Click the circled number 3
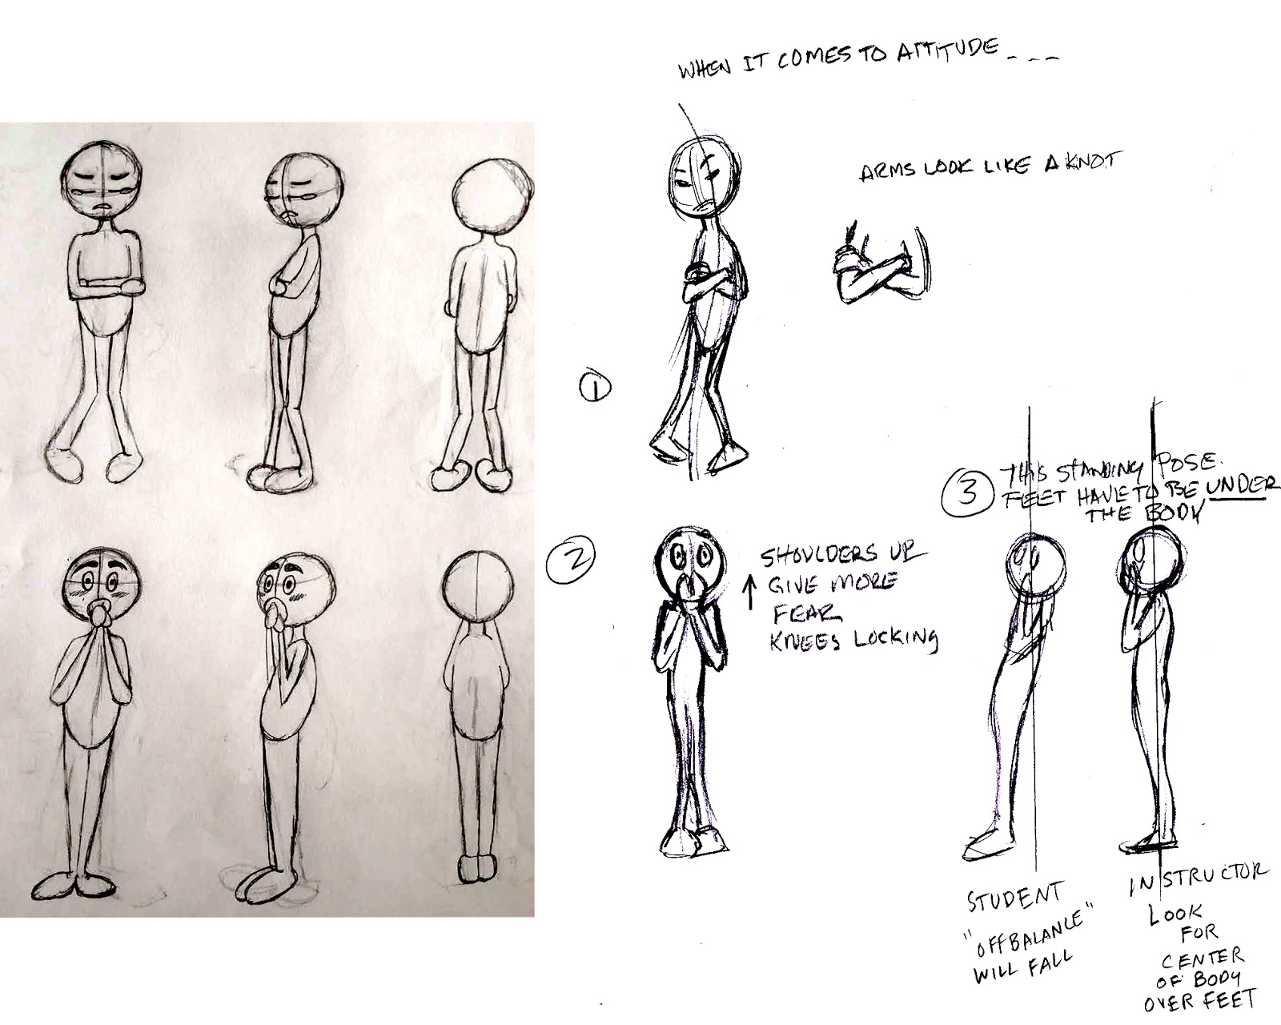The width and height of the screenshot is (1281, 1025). point(967,492)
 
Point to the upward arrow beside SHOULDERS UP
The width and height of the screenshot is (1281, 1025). point(749,593)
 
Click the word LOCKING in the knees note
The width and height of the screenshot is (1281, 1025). point(898,639)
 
